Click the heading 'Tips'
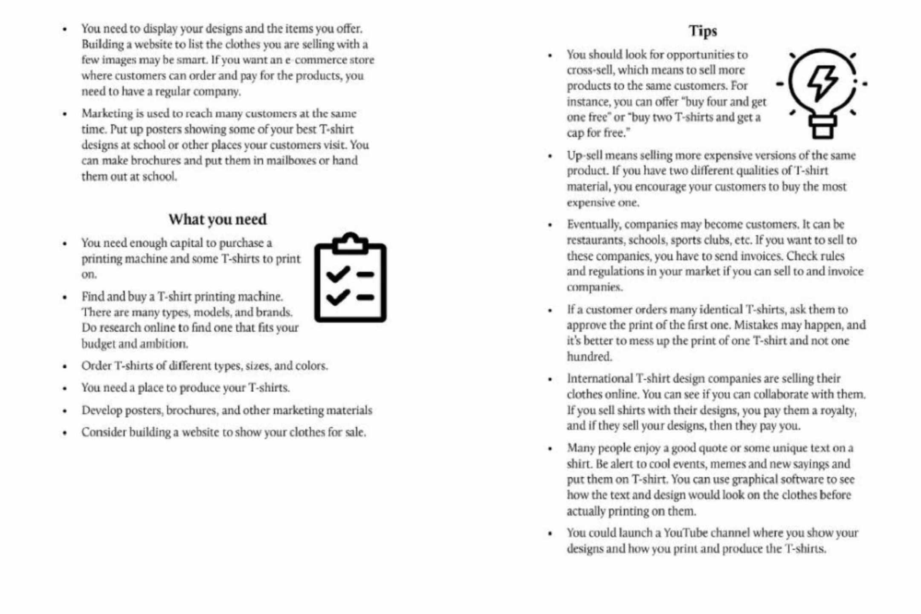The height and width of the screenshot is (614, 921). click(703, 31)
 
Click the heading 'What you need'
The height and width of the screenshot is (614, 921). click(217, 219)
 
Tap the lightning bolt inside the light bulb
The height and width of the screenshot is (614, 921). click(823, 83)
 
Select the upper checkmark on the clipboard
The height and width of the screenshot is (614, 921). click(338, 273)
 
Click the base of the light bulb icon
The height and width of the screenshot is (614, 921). click(823, 127)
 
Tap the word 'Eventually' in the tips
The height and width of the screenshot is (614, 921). click(593, 224)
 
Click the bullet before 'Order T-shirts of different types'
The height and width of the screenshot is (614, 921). click(65, 366)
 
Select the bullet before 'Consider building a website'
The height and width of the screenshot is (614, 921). click(65, 433)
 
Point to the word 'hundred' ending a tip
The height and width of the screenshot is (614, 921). click(588, 356)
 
